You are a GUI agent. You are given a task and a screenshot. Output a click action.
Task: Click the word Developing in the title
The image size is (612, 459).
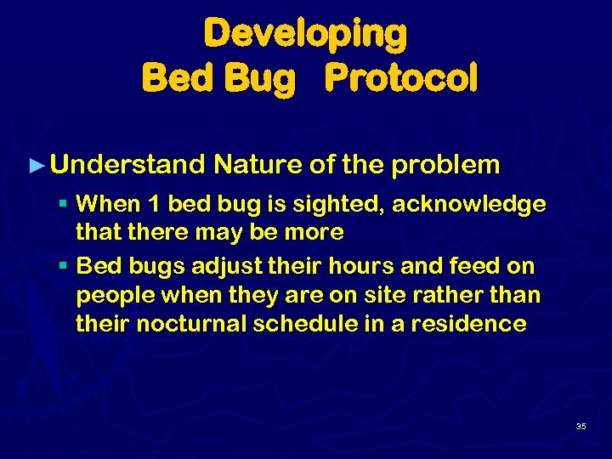coord(305,35)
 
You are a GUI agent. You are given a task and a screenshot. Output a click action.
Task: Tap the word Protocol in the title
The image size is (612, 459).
coord(401,79)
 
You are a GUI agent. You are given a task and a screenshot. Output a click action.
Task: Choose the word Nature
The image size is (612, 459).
coord(259,164)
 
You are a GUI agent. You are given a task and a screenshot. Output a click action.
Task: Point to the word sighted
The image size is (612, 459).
coord(343,205)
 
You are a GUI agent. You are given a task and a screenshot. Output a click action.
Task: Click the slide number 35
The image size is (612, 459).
coord(581,426)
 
